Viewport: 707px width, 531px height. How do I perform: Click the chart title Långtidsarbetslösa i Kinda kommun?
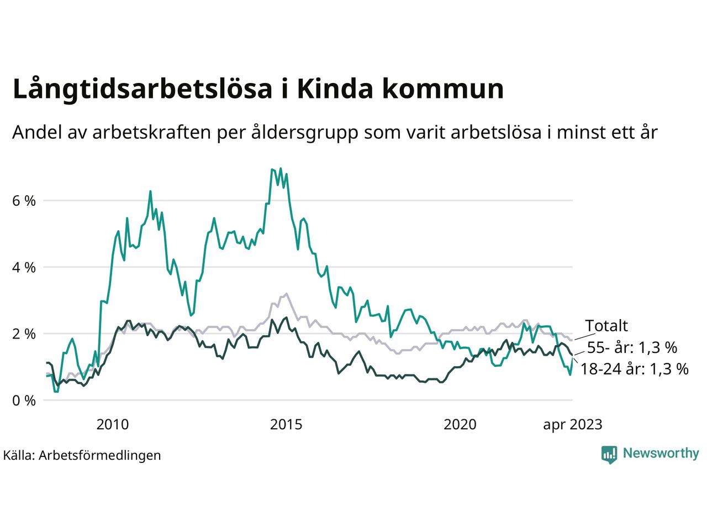coord(258,89)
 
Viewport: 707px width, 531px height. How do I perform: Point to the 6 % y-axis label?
coord(24,201)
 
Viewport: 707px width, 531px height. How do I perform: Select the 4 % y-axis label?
coord(24,267)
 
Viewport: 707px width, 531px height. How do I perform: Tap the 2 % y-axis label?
coord(24,334)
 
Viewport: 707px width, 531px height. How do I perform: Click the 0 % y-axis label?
coord(24,400)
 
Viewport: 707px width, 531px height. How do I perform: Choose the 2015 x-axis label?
coord(286,425)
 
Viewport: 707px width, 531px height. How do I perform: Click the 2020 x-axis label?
coord(460,425)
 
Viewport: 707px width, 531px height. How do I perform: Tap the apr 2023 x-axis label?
coord(573,425)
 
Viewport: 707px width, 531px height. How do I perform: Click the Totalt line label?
coord(606,326)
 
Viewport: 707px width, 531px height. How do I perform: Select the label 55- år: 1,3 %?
coord(632,348)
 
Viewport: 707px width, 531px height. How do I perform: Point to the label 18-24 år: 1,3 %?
coord(635,369)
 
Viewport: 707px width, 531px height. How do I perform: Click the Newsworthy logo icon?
coord(609,454)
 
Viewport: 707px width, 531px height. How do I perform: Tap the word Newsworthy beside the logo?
coord(661,454)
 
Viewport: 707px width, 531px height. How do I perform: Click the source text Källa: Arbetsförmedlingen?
coord(82,455)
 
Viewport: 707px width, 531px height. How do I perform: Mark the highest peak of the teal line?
coord(281,169)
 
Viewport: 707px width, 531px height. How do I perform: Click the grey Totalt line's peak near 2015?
coord(286,294)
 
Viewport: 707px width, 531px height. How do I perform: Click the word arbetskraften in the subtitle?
coord(148,133)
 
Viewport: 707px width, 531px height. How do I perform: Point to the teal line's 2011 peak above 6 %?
coord(150,191)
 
